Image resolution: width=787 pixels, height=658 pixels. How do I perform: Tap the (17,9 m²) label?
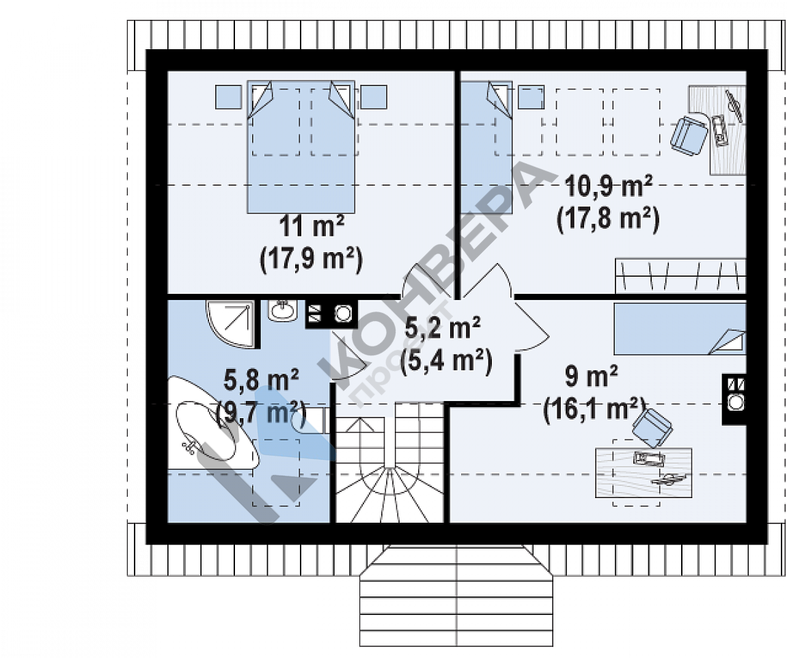[312, 260]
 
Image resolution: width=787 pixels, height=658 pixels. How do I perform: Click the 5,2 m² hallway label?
[442, 328]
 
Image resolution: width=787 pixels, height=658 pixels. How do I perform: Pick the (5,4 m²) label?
[445, 361]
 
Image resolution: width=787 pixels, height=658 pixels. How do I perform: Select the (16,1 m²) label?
[594, 409]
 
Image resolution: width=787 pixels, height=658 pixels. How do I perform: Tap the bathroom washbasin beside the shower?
[283, 310]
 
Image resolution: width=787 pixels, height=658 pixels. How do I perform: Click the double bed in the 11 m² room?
[301, 146]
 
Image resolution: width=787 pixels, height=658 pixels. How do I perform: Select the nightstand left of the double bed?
[228, 97]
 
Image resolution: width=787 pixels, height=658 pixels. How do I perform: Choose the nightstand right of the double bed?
[374, 97]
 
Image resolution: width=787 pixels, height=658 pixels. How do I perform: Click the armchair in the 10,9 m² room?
[689, 133]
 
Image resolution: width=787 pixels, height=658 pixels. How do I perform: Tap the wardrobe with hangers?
[680, 275]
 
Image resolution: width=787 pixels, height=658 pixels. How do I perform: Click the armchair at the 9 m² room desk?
[652, 427]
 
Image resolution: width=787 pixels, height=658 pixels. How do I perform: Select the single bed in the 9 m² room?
[680, 328]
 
